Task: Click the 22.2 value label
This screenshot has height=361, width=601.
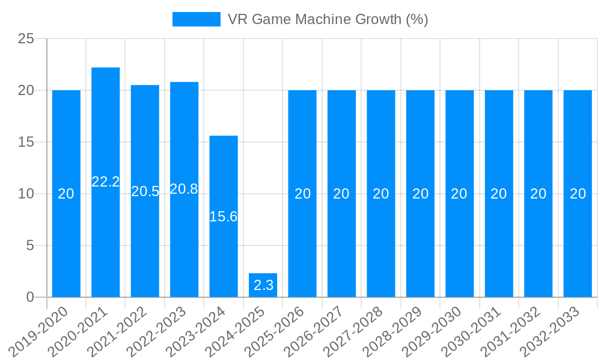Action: click(106, 182)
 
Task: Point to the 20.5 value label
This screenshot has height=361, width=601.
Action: click(145, 191)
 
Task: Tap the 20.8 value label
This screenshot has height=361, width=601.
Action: click(184, 189)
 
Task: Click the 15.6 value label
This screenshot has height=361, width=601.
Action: click(224, 217)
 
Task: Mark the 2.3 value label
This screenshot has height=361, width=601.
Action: click(263, 285)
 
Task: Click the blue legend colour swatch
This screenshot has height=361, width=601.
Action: click(197, 19)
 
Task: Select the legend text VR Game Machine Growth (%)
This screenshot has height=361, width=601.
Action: click(328, 19)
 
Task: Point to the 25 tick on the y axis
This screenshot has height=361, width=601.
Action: click(26, 39)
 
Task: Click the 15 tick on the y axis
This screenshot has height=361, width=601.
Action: click(26, 143)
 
